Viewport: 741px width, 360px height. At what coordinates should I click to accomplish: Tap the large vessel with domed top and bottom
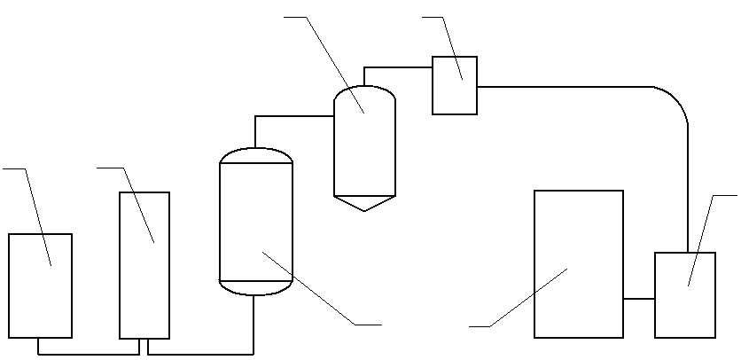pos(255,222)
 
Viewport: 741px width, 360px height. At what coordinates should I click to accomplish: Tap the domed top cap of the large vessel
pos(255,154)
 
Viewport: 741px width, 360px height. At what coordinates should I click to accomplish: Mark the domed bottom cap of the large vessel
pos(255,288)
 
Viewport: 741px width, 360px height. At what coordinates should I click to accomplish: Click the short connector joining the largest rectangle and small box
pos(639,299)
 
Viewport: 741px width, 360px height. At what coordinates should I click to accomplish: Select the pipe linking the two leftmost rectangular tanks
pos(89,354)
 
